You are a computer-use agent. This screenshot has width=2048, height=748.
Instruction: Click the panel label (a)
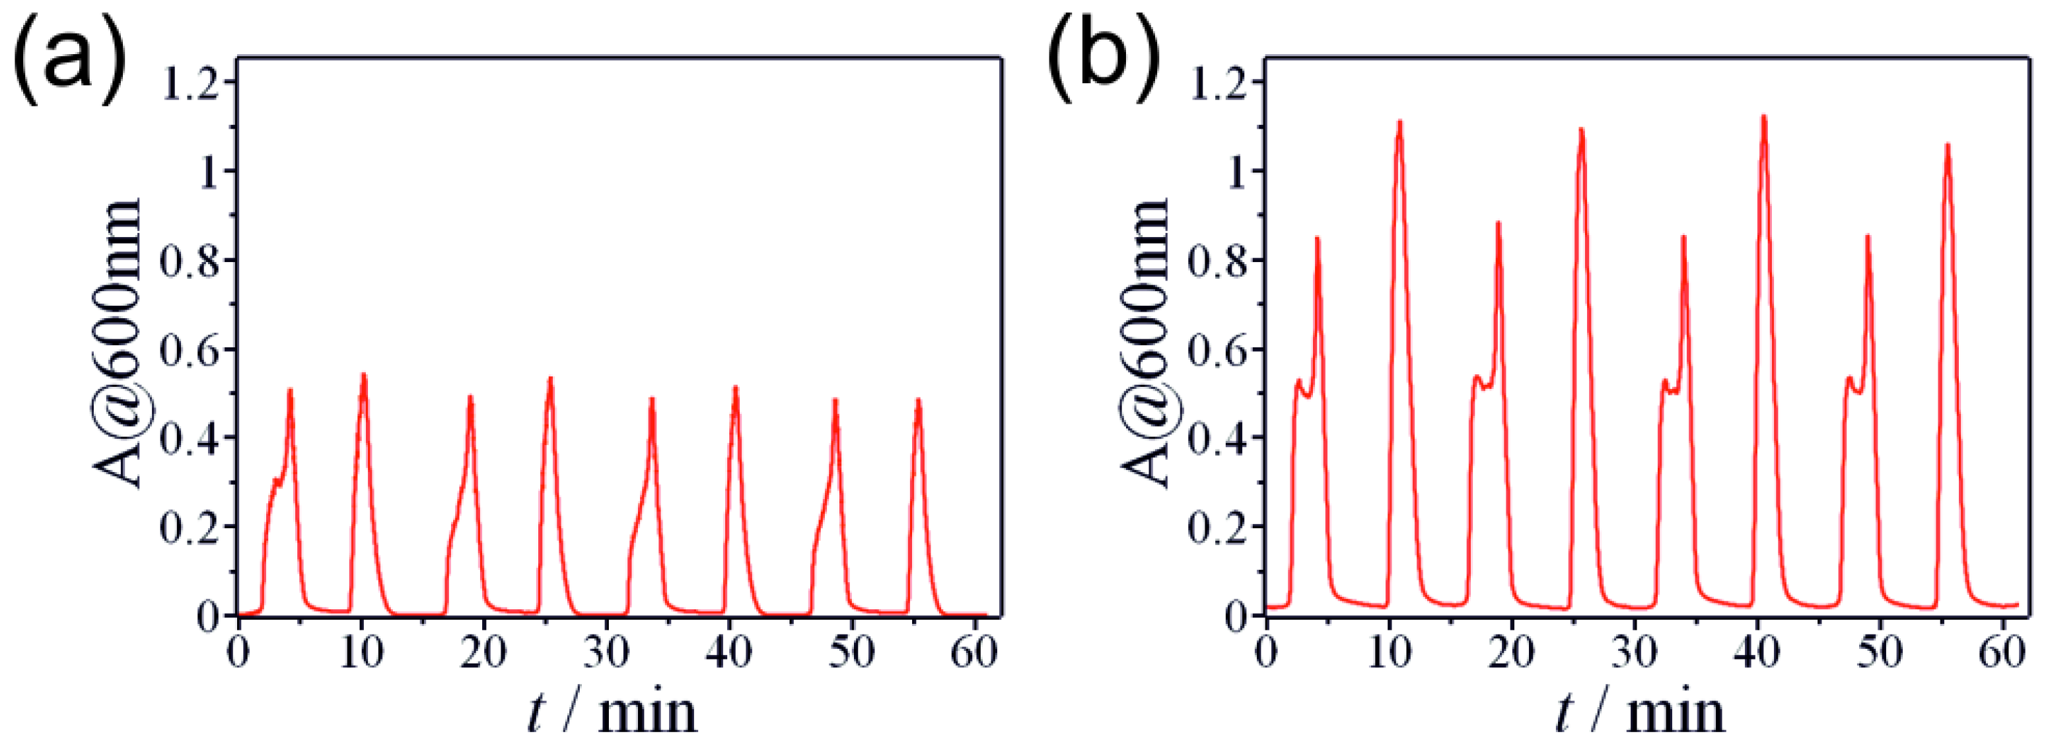click(x=67, y=59)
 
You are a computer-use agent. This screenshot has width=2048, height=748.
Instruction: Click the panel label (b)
click(x=1101, y=59)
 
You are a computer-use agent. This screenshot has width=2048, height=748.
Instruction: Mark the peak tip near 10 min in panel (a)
click(x=363, y=374)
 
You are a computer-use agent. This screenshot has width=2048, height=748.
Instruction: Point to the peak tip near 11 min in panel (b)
click(x=1399, y=121)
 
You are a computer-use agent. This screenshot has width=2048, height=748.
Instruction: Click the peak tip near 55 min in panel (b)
click(x=1948, y=145)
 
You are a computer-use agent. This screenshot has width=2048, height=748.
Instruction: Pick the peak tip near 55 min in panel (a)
click(x=918, y=400)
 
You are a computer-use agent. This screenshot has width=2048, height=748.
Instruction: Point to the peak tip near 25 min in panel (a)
click(x=549, y=378)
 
